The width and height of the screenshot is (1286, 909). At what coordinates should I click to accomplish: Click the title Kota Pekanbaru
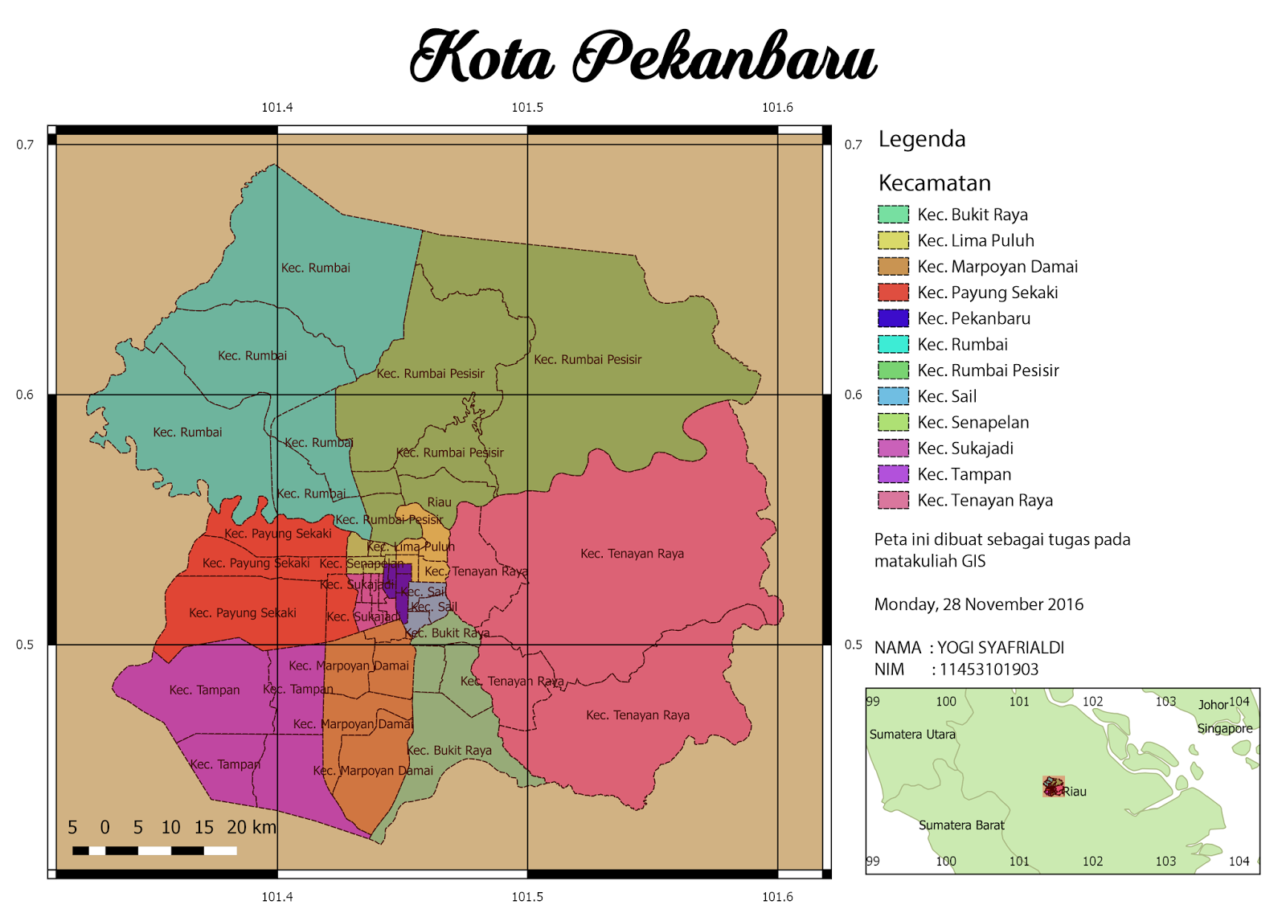pos(643,56)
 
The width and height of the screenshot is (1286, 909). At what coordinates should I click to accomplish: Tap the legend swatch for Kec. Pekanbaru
pos(893,318)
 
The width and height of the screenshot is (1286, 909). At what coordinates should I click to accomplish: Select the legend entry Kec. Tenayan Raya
pos(985,501)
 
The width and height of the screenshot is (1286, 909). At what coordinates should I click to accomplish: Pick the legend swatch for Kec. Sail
pos(893,396)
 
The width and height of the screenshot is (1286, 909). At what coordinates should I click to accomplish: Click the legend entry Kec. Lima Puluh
pos(975,240)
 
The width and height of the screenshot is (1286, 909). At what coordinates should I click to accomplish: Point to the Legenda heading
pos(921,139)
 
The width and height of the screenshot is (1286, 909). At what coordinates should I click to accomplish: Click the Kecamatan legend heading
pos(934,183)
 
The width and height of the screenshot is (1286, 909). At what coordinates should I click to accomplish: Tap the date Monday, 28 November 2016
pos(978,604)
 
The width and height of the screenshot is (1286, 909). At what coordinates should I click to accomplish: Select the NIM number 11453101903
pos(989,669)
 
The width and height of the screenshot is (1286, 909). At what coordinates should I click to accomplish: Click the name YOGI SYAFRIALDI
pos(1001,648)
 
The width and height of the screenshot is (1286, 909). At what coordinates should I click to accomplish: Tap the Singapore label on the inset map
pos(1224,729)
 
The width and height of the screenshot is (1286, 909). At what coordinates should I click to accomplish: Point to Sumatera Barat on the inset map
pos(961,825)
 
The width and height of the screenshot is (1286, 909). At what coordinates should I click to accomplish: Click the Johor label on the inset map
pos(1212,705)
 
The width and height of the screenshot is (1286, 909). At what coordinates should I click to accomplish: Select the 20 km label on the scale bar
pos(252,827)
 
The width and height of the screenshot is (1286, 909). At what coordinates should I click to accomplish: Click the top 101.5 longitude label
pos(527,108)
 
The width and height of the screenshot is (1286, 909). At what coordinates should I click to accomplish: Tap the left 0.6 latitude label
pos(25,395)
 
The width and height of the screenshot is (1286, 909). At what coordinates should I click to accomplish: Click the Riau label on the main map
pos(439,502)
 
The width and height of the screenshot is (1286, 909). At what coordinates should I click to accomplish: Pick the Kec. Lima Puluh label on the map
pos(411,547)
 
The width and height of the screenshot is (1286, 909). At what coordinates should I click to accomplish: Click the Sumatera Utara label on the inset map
pos(912,735)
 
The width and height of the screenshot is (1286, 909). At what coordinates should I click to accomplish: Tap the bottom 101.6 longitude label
pos(777,897)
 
